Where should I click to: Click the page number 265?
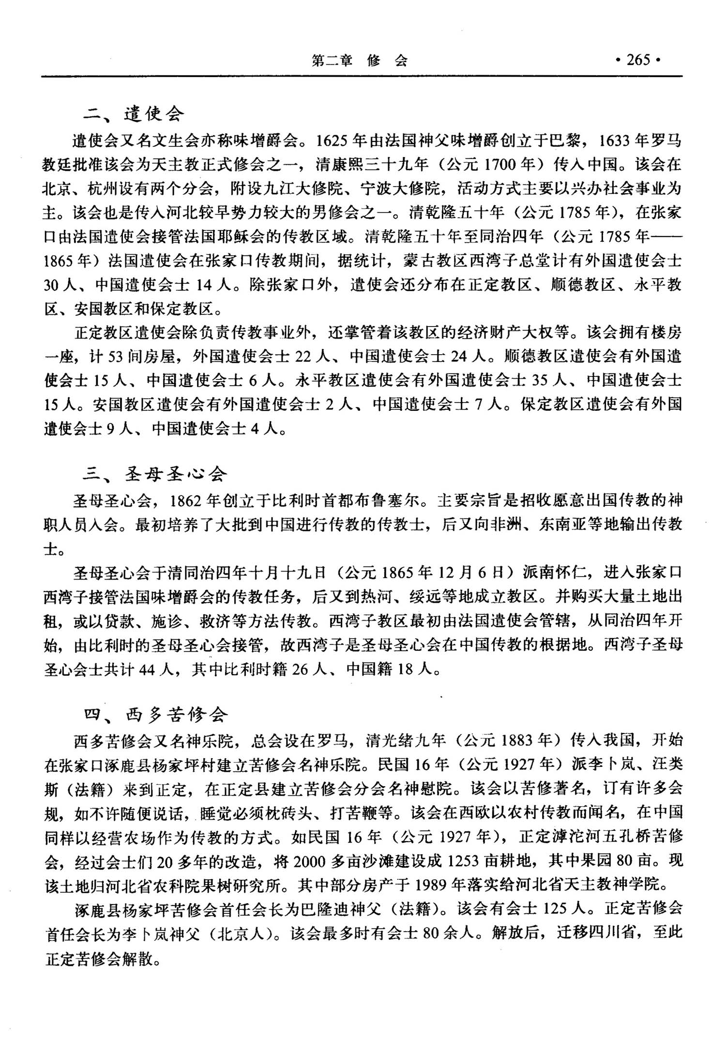pos(638,60)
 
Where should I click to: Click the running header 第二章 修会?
pos(360,61)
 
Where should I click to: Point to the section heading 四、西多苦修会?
pos(155,714)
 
